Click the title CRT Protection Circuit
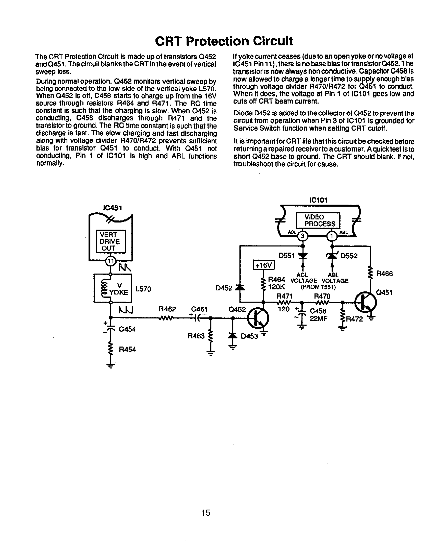(224, 41)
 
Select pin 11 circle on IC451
(111, 261)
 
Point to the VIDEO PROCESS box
(318, 220)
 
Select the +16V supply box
(264, 265)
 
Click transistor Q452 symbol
(258, 318)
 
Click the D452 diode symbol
(240, 287)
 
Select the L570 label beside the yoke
(143, 289)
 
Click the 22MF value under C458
(318, 319)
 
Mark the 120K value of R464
(276, 287)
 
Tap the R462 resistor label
(167, 309)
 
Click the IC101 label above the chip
(318, 200)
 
